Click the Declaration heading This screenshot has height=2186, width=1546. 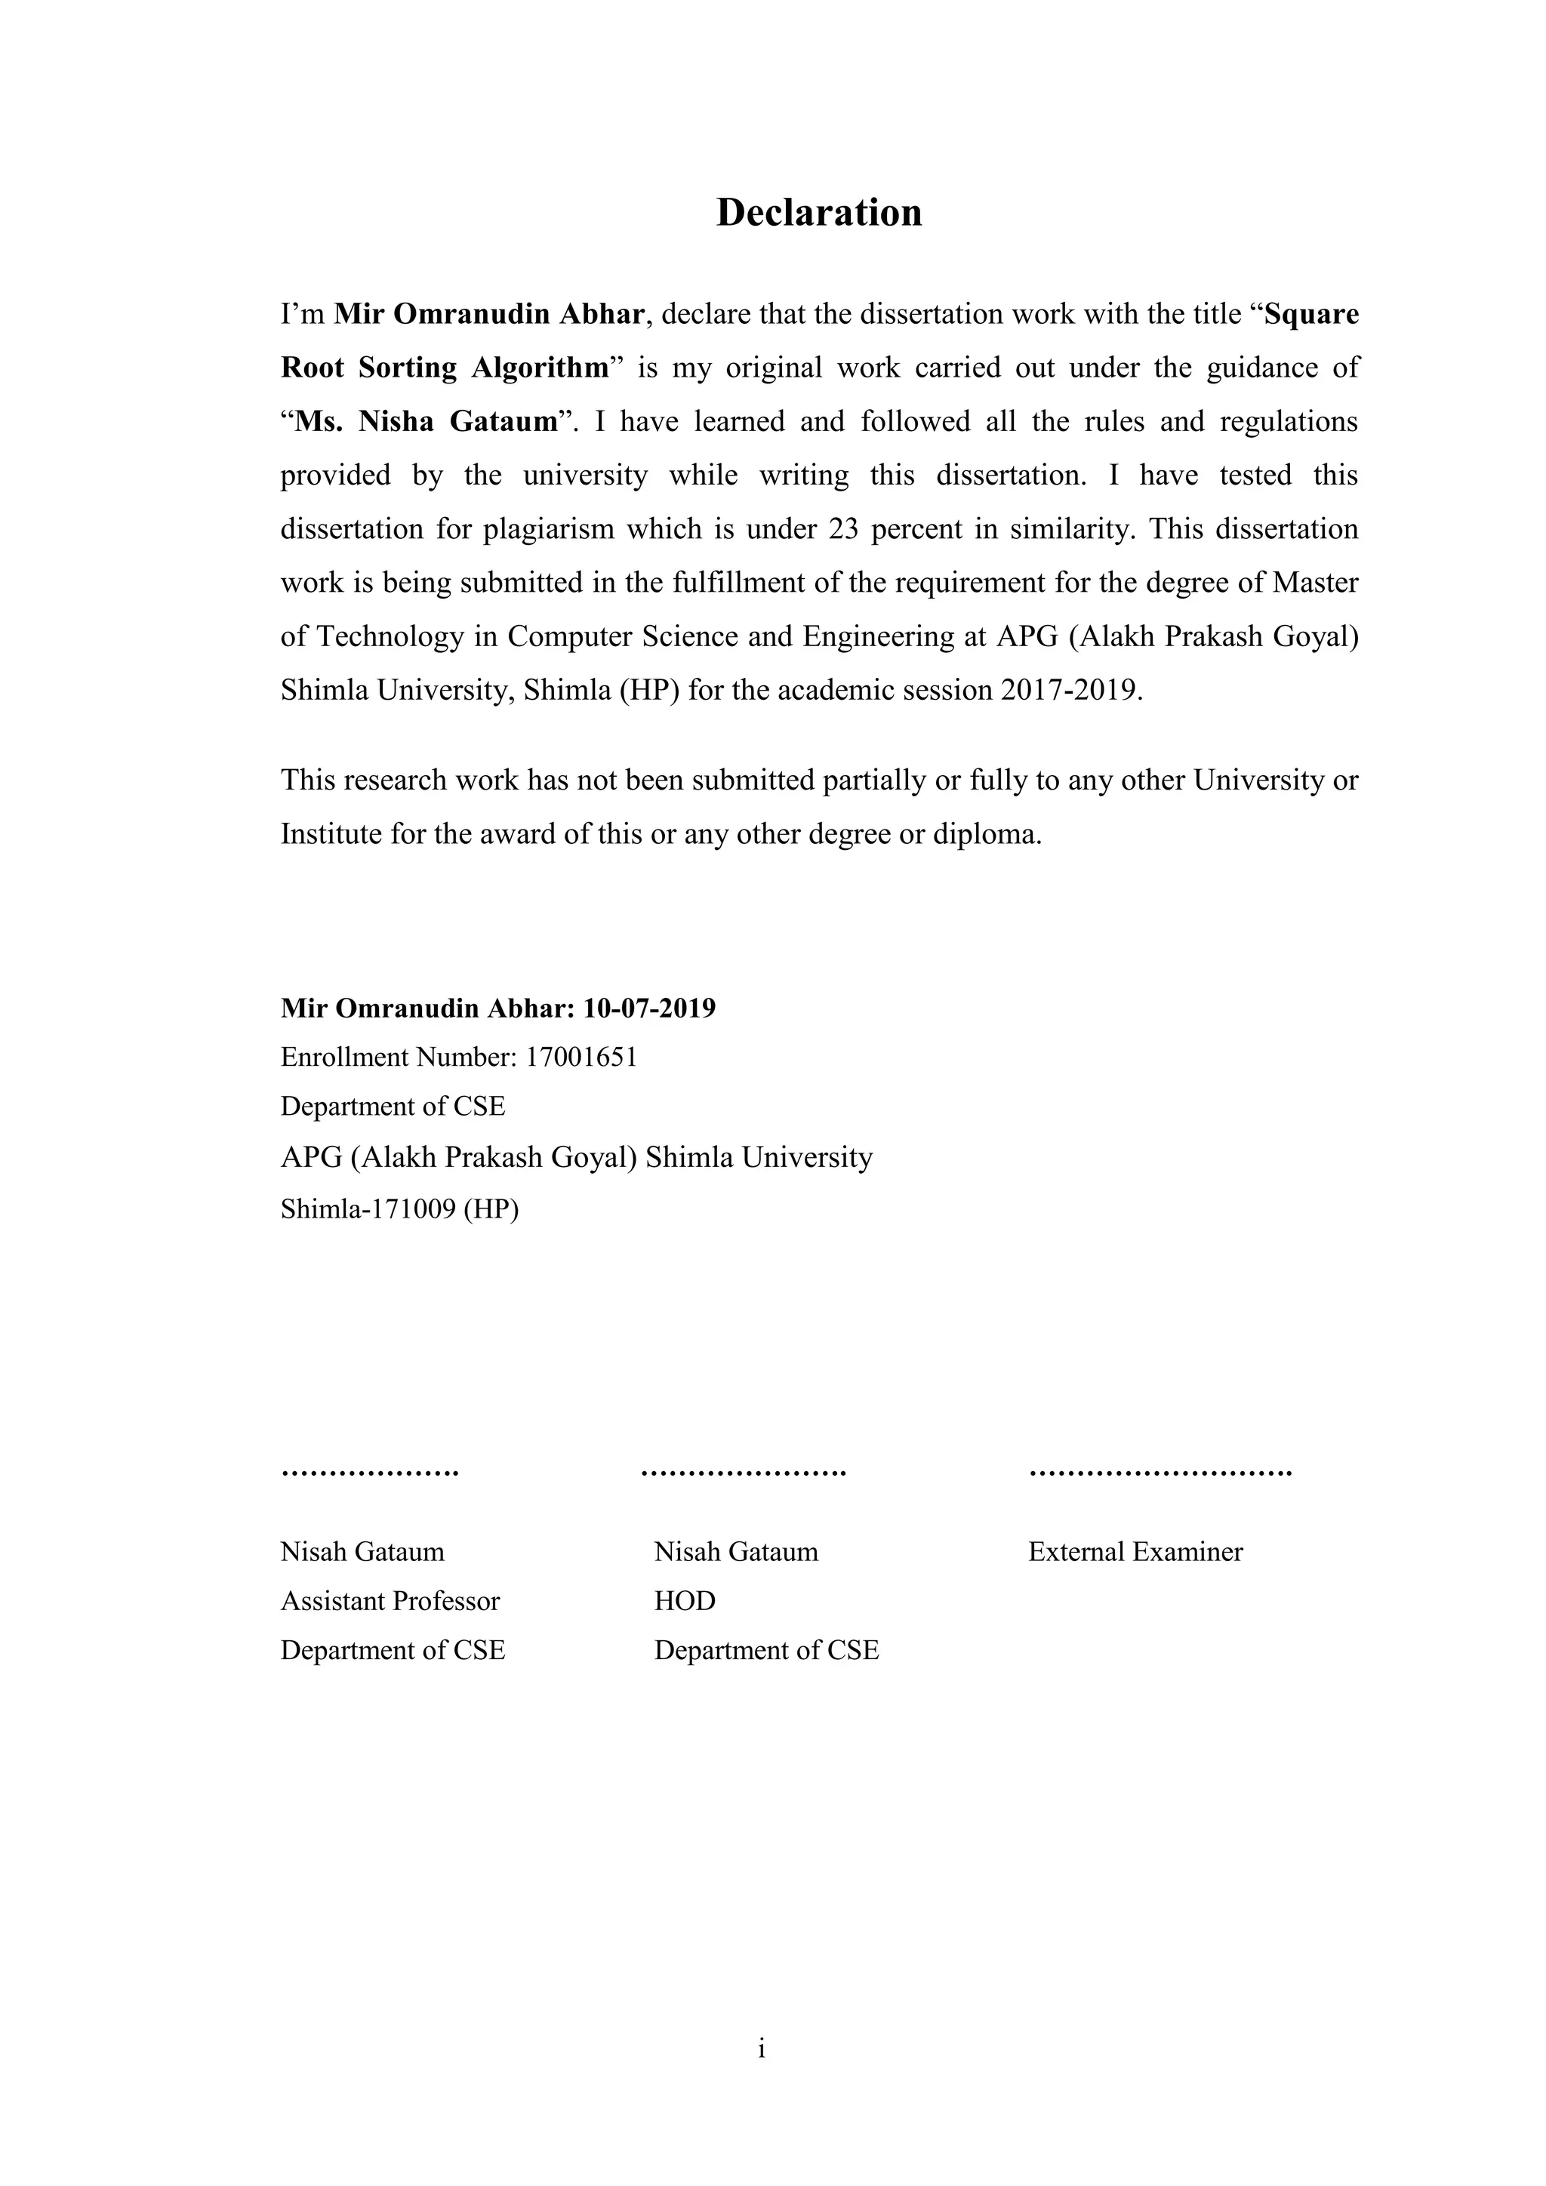819,212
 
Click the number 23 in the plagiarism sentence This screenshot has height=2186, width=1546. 843,528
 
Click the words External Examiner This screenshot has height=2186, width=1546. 1135,1552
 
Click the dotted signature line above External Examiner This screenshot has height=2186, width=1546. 1159,1472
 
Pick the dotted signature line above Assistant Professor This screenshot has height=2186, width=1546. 369,1472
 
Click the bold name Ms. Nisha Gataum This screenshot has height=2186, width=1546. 426,422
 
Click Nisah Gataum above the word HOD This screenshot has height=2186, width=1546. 736,1552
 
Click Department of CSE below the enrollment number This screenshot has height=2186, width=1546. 393,1107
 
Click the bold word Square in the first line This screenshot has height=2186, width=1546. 1311,314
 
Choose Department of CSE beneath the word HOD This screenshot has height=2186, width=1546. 766,1650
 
